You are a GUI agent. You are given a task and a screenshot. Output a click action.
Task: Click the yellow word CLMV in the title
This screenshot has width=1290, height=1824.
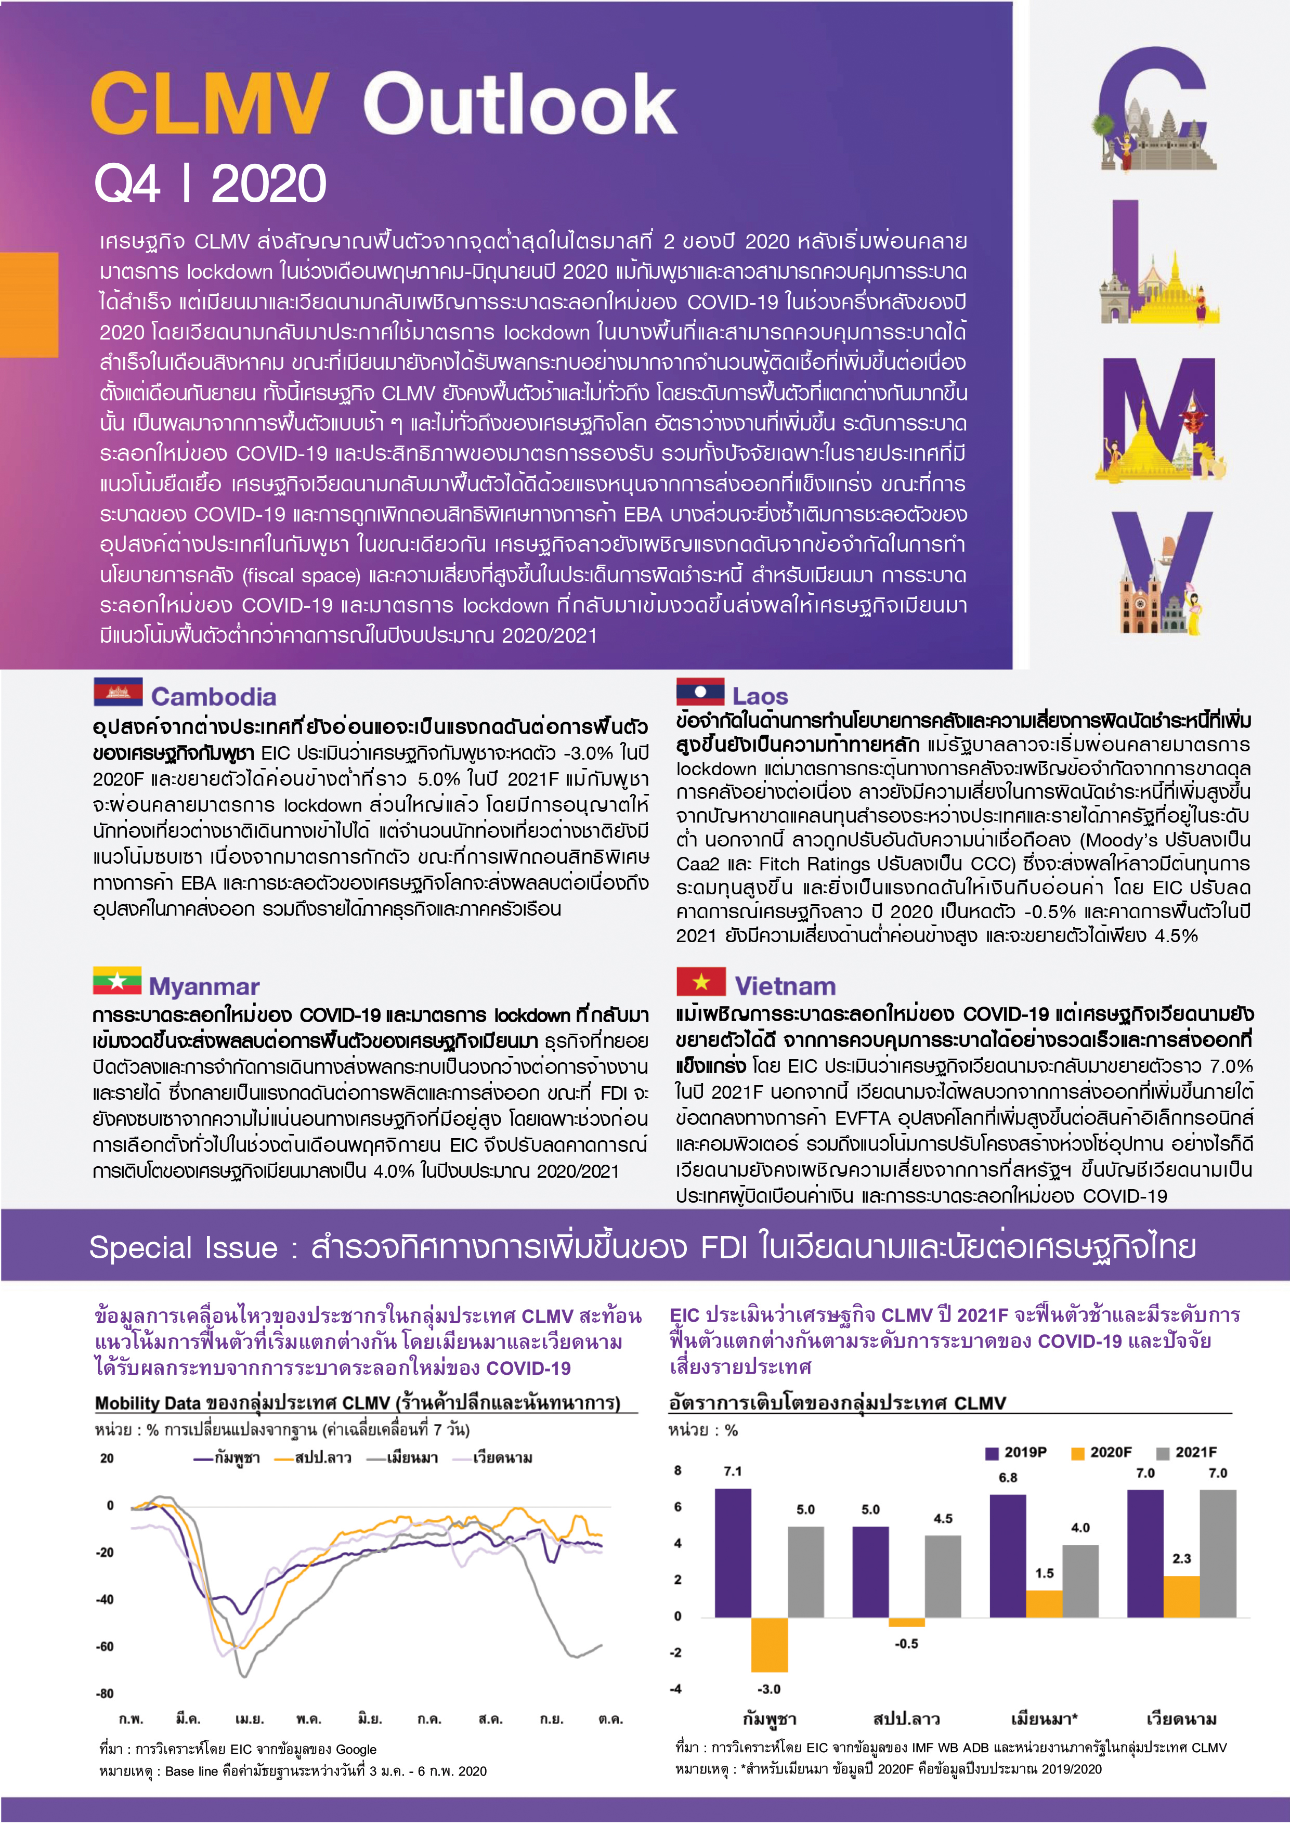coord(210,103)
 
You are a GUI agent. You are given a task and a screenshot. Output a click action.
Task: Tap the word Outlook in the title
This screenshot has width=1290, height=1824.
coord(520,103)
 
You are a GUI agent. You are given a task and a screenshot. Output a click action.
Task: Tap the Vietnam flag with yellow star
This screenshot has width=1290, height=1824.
coord(700,981)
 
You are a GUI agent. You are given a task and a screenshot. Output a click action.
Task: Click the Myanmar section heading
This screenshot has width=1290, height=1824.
coord(204,987)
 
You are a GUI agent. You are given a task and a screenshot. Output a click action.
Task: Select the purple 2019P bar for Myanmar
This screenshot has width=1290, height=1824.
coord(1007,1556)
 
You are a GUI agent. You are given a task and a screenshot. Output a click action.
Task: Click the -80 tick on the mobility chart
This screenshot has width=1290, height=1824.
coord(105,1693)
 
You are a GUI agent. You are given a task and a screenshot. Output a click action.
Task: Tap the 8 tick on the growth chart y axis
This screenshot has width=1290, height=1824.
coord(677,1470)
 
